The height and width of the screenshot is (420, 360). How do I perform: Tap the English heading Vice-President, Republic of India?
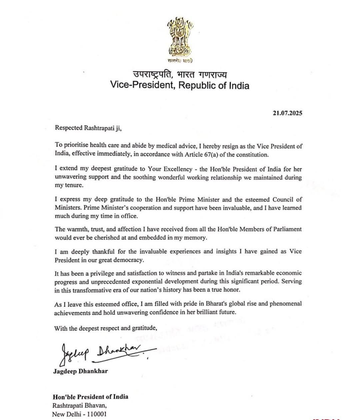pyautogui.click(x=180, y=86)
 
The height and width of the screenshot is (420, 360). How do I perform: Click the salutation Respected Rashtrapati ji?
pyautogui.click(x=88, y=128)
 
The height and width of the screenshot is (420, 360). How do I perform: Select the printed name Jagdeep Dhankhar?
pyautogui.click(x=80, y=371)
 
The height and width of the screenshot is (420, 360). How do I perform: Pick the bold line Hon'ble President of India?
pyautogui.click(x=90, y=397)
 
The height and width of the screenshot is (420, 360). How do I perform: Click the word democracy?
pyautogui.click(x=128, y=260)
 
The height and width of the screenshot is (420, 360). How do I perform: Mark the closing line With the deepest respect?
pyautogui.click(x=105, y=328)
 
